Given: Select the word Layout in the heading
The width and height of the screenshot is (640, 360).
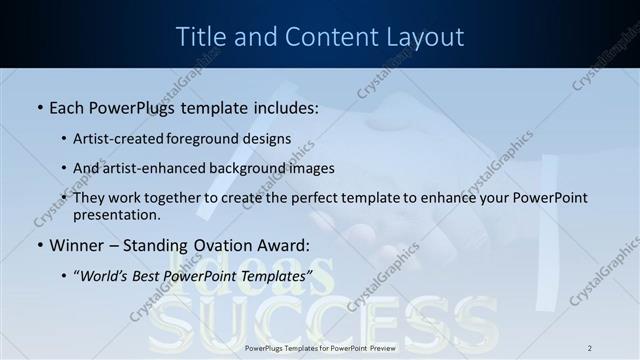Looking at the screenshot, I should [x=420, y=37].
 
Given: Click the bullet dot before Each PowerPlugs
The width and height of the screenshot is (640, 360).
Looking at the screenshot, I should [x=39, y=107].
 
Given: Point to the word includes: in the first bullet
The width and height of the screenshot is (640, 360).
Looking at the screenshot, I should [x=282, y=107].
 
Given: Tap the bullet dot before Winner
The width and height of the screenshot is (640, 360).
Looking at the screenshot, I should [x=39, y=244].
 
